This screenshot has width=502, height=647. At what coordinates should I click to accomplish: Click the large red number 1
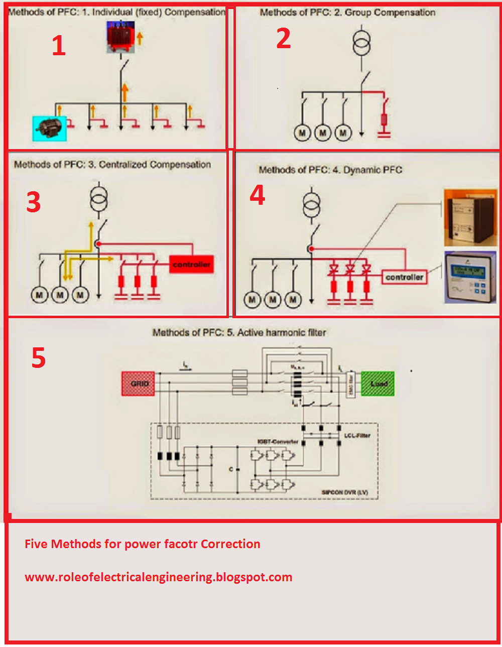pyautogui.click(x=59, y=46)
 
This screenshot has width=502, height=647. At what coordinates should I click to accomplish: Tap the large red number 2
pyautogui.click(x=284, y=39)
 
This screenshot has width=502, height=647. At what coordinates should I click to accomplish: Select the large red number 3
pyautogui.click(x=34, y=202)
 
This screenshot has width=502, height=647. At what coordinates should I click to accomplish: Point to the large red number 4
pyautogui.click(x=258, y=195)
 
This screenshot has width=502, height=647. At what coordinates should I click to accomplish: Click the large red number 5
pyautogui.click(x=39, y=358)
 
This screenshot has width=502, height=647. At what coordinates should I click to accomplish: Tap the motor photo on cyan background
pyautogui.click(x=49, y=127)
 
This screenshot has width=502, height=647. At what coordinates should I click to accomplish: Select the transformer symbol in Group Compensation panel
pyautogui.click(x=361, y=43)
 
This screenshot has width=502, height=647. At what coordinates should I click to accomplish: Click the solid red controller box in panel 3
pyautogui.click(x=191, y=265)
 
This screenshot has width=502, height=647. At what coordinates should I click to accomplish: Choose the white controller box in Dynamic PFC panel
pyautogui.click(x=404, y=277)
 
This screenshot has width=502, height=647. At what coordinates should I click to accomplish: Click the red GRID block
pyautogui.click(x=138, y=383)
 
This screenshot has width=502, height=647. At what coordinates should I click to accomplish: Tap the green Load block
pyautogui.click(x=378, y=383)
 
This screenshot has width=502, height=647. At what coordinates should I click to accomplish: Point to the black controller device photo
pyautogui.click(x=470, y=217)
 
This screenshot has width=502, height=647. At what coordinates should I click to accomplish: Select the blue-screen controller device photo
pyautogui.click(x=470, y=278)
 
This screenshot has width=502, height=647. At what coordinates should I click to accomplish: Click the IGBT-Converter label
pyautogui.click(x=278, y=442)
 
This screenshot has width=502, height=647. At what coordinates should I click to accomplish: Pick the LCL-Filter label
pyautogui.click(x=357, y=435)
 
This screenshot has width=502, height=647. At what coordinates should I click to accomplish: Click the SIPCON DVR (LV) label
pyautogui.click(x=344, y=492)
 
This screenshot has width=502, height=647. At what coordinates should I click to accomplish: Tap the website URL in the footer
pyautogui.click(x=158, y=577)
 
